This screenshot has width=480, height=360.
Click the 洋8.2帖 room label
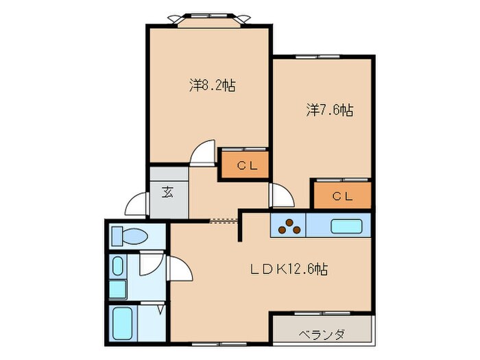point(212,86)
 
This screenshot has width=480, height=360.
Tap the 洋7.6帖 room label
point(329,110)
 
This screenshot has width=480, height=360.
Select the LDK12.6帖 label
point(289,269)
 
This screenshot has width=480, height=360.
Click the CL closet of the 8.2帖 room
point(244,165)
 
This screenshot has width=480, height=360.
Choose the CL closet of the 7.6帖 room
point(341,195)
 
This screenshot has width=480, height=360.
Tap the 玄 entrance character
point(167,192)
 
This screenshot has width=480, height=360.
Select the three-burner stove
point(288,225)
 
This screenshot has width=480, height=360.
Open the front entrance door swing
point(137,204)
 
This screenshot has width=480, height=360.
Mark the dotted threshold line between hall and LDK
point(224,221)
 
